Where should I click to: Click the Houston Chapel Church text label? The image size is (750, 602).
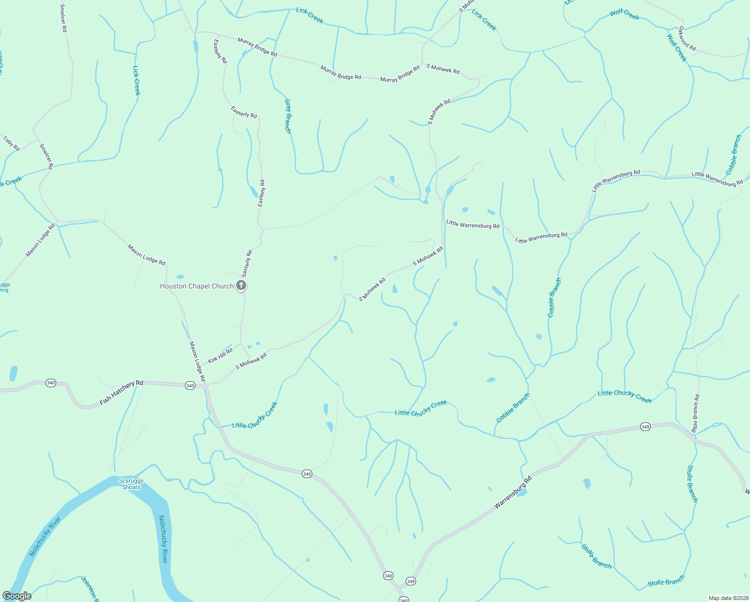197,286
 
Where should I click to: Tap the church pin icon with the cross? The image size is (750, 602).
241,286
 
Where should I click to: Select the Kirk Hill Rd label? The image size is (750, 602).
220,356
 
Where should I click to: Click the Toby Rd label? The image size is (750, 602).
11,143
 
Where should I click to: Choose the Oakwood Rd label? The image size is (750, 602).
687,39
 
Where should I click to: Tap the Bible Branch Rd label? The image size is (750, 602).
695,413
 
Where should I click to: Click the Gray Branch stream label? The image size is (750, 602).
288,116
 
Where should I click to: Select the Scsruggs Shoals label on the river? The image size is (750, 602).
131,484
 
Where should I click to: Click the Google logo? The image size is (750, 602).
17,596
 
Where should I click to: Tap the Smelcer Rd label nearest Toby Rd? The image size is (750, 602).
46,156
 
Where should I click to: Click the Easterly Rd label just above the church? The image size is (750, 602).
247,263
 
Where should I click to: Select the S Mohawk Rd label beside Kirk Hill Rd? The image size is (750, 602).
251,361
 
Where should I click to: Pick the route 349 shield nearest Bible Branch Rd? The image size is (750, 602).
645,427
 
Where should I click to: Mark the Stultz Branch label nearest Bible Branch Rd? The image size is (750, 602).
692,484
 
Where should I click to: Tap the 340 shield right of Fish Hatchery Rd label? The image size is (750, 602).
190,386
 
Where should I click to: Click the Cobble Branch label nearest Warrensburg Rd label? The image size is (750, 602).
513,408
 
